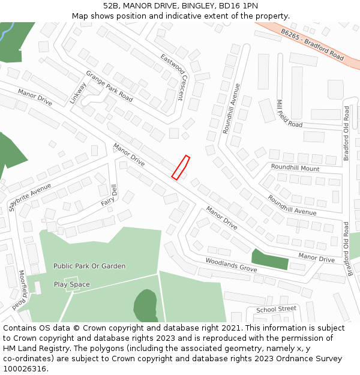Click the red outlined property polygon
click(181, 167)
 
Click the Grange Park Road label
click(109, 86)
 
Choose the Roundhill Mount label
click(295, 168)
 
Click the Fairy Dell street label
click(109, 194)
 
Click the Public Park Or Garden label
click(89, 266)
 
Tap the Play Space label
click(72, 284)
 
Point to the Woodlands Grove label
click(231, 264)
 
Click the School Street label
click(276, 309)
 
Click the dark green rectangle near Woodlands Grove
click(269, 259)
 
